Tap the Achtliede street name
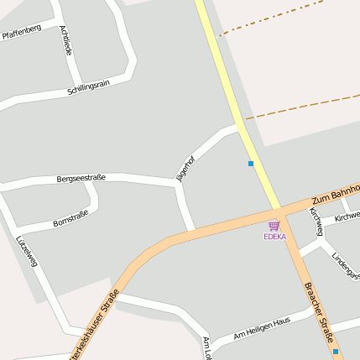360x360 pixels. click(66, 40)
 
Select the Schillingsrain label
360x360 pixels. click(89, 87)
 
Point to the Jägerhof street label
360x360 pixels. click(185, 167)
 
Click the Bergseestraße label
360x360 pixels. click(81, 178)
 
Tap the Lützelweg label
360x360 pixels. click(27, 250)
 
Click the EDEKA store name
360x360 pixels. click(274, 237)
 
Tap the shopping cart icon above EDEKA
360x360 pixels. click(274, 226)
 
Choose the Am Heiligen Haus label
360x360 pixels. click(262, 328)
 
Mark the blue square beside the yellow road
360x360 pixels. click(250, 163)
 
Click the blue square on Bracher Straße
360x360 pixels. click(336, 351)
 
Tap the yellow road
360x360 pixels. click(235, 101)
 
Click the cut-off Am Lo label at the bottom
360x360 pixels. click(206, 347)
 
